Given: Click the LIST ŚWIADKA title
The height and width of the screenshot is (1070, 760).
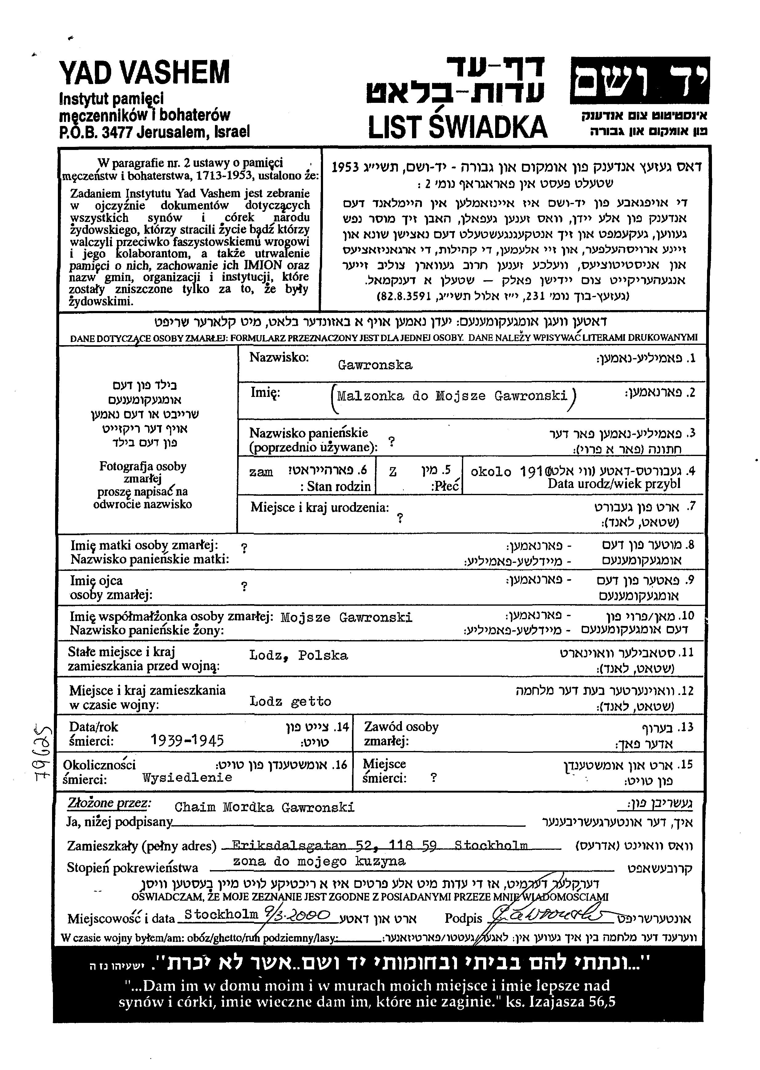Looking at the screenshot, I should pos(457,127).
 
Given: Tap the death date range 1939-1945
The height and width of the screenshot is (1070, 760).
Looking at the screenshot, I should pos(187,740).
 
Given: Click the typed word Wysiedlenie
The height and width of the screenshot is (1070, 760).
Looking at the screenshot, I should pos(187,777).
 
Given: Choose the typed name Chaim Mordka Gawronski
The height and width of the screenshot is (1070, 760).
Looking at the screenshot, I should pos(265,807).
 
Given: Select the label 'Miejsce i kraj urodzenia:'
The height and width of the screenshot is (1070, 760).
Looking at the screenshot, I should pos(320,508).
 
